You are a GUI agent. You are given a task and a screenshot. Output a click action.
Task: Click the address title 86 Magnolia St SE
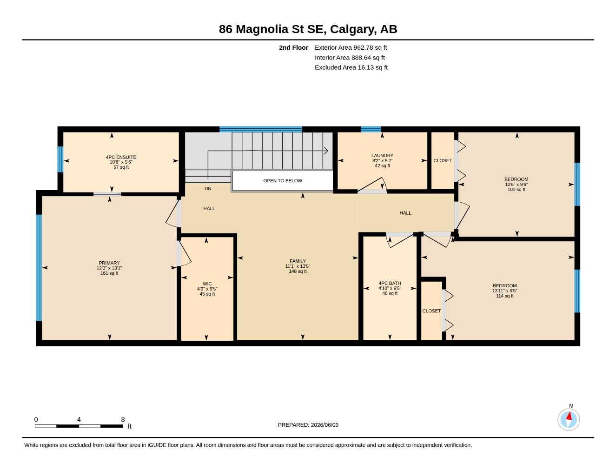(272, 29)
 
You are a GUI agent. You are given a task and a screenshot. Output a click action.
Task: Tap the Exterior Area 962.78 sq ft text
(351, 47)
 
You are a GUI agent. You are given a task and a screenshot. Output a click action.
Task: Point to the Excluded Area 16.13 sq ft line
(351, 67)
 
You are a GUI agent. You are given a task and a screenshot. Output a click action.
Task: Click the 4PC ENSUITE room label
(121, 157)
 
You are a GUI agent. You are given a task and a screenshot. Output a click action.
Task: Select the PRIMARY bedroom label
(109, 263)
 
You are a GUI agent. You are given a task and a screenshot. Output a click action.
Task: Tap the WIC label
(207, 284)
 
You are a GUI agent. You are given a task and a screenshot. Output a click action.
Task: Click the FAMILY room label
(298, 261)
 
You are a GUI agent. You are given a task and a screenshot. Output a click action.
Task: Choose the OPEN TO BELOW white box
(282, 180)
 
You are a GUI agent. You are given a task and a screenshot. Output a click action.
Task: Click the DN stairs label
(208, 188)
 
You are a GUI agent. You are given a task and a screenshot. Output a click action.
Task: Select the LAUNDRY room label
(382, 156)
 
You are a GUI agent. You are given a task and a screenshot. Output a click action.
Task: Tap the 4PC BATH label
(390, 283)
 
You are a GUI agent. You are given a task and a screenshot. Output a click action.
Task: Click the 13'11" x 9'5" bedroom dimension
(504, 291)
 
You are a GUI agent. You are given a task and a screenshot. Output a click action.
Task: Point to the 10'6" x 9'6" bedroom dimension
(516, 184)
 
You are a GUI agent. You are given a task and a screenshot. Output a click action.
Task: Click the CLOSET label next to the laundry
(442, 161)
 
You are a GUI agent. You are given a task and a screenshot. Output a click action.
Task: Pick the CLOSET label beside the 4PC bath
(431, 311)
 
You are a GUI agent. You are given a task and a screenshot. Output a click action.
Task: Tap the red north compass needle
(569, 416)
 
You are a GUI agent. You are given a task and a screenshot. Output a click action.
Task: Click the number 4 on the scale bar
(79, 419)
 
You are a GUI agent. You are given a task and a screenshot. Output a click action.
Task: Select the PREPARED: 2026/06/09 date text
(308, 425)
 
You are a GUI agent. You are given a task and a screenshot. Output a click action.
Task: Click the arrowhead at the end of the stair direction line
(326, 151)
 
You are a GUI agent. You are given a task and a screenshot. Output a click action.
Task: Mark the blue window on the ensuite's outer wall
(60, 159)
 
